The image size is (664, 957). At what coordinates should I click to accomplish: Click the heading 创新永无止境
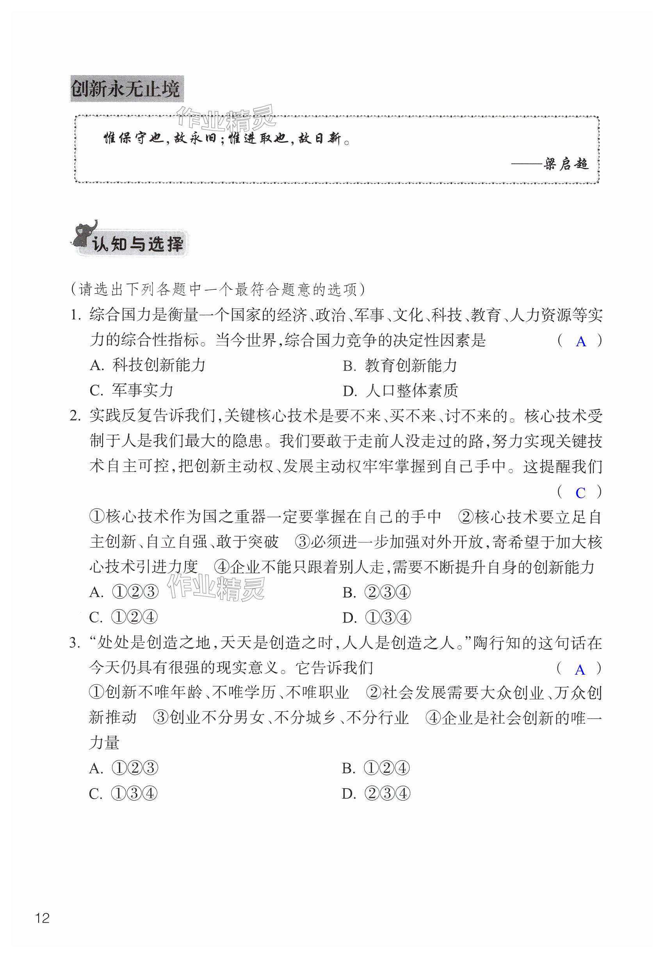(126, 89)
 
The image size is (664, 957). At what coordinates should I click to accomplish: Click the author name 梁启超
(566, 164)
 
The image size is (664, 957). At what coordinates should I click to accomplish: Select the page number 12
(43, 918)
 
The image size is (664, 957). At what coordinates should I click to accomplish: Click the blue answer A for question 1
(580, 342)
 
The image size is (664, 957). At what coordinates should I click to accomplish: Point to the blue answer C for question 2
(580, 493)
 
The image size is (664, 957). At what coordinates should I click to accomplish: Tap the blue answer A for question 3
(580, 670)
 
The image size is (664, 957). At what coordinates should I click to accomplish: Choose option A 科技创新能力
(148, 365)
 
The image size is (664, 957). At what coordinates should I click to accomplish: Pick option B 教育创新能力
(400, 366)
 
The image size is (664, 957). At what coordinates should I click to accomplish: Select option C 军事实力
(132, 390)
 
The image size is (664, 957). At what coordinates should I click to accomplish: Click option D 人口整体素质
(400, 391)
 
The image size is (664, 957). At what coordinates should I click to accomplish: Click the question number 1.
(75, 315)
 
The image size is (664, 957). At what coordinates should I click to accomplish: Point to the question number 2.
(75, 416)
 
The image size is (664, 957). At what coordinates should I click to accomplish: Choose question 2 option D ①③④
(377, 617)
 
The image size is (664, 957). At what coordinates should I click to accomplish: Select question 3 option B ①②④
(376, 768)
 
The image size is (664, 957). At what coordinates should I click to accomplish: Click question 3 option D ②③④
(376, 794)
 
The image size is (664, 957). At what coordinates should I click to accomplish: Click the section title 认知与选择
(137, 244)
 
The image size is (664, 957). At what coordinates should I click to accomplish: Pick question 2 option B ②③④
(377, 592)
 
